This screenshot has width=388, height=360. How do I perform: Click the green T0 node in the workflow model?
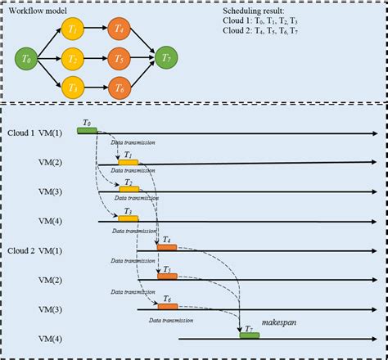click(x=28, y=58)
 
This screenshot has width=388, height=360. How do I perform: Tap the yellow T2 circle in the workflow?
click(x=72, y=58)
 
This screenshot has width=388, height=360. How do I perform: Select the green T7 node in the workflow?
click(x=168, y=58)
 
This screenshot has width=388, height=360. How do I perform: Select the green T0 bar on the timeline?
click(x=87, y=130)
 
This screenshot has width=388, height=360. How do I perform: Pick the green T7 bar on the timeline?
click(x=249, y=335)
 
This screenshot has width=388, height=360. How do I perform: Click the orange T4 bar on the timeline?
click(x=168, y=247)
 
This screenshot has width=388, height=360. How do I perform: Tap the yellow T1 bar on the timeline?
click(x=129, y=161)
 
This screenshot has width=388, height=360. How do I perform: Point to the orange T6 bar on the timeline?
click(x=168, y=307)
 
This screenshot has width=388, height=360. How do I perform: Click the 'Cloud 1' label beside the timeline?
click(x=23, y=133)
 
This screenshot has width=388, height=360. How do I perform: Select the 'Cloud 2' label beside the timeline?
click(x=23, y=250)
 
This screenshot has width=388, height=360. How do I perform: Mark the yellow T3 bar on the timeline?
click(x=129, y=218)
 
